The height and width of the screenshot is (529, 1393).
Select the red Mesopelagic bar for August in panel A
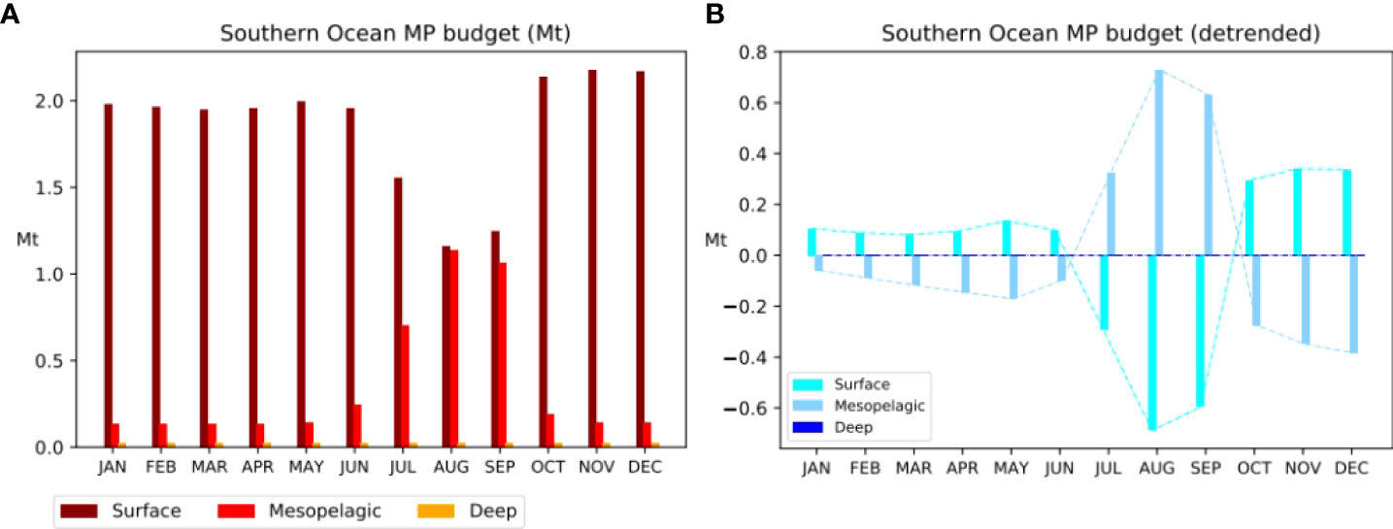click(454, 348)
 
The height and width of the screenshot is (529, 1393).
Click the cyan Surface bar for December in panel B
click(1346, 213)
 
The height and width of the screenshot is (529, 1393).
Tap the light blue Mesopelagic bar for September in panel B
click(1209, 175)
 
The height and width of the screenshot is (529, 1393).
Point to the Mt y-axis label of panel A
click(27, 239)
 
